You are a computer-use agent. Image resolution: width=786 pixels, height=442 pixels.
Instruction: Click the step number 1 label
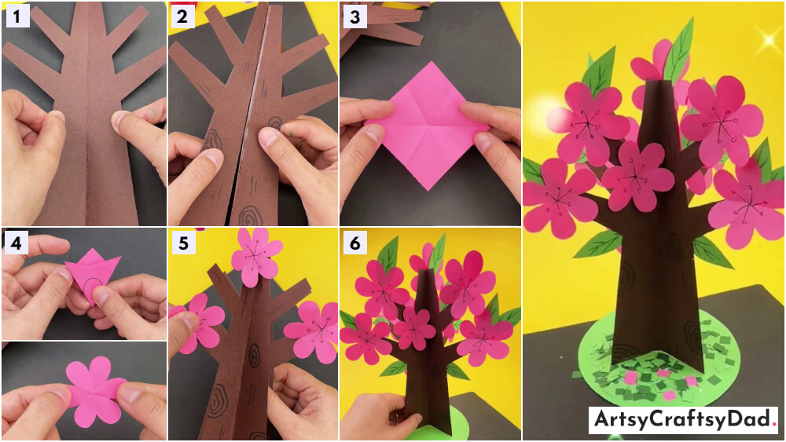(x=17, y=16)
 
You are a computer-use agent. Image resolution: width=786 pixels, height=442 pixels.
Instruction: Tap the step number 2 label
(x=182, y=16)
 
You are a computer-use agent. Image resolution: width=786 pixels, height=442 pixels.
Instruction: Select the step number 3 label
(x=355, y=16)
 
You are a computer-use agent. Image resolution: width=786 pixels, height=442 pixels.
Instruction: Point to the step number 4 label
(x=17, y=243)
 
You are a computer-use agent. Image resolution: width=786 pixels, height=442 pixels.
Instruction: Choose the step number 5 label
(x=183, y=243)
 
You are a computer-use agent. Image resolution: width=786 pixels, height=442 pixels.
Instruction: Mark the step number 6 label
(x=355, y=243)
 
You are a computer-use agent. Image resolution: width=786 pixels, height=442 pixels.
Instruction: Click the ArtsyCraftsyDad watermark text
(x=683, y=419)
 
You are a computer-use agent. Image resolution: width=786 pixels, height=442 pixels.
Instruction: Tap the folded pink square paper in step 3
(x=427, y=125)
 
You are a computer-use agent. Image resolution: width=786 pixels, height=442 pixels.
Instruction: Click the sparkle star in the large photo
(x=769, y=40)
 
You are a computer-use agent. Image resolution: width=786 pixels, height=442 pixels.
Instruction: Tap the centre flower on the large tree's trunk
(x=637, y=177)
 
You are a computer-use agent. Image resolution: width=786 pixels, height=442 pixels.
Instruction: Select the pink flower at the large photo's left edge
(x=557, y=197)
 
